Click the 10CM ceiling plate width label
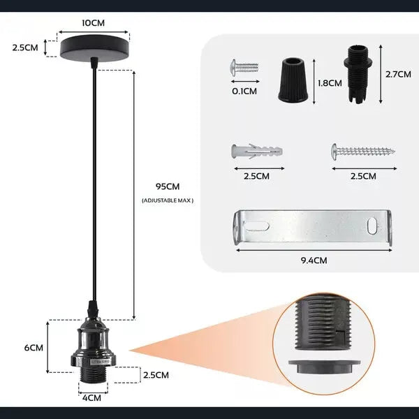94,23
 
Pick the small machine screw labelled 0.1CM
244,68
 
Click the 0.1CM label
244,91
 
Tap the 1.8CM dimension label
330,83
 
